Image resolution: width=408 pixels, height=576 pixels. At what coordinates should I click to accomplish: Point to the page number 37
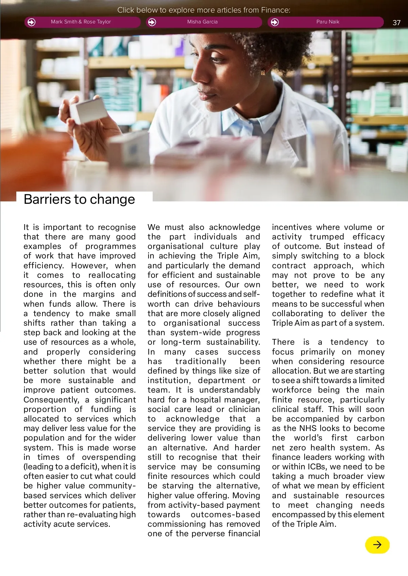[396, 23]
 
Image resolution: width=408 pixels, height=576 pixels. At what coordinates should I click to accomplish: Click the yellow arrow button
[377, 545]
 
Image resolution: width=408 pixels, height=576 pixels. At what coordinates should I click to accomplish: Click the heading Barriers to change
[79, 199]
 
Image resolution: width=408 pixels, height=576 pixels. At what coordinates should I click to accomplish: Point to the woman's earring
[262, 72]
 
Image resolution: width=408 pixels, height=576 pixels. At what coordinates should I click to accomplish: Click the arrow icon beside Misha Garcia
[152, 22]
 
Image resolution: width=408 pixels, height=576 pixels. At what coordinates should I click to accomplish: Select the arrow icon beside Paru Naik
[275, 22]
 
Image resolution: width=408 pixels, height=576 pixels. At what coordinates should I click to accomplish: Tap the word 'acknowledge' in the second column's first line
[235, 227]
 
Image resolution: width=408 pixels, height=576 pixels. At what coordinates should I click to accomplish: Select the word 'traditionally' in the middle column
[201, 361]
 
